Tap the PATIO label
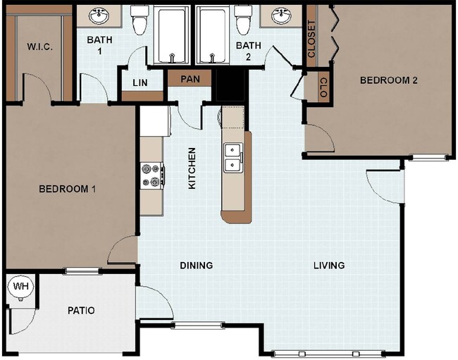coord(81,311)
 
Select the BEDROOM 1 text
coord(67,189)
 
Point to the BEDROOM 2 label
coord(389,80)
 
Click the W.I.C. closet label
coord(39,46)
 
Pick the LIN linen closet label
coord(140,82)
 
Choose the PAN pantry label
coord(190,78)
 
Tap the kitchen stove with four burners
coord(151,175)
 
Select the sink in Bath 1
coord(98,15)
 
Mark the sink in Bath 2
coord(283,15)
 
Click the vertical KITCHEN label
coord(191,168)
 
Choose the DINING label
coord(196,266)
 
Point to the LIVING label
coord(329,266)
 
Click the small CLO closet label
coord(323,87)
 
